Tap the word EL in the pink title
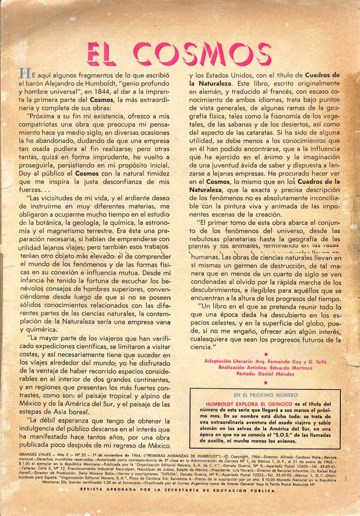pos(102,54)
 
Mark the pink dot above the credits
pos(265,354)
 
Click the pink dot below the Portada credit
pos(265,382)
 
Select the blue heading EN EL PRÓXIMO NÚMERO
pos(265,395)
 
